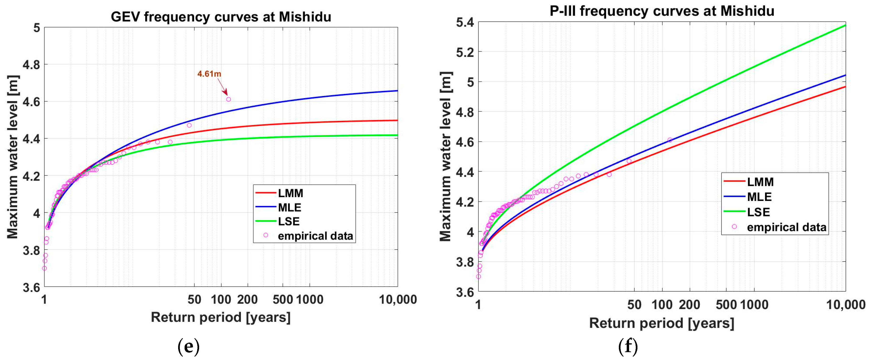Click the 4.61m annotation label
click(x=209, y=74)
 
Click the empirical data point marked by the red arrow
click(x=228, y=99)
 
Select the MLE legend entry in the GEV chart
click(x=290, y=207)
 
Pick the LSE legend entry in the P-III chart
click(x=758, y=212)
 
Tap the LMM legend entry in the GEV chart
click(x=290, y=193)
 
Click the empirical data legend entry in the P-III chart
click(x=786, y=227)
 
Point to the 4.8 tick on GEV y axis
click(x=31, y=64)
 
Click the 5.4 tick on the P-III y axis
click(x=465, y=23)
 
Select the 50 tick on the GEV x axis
click(x=194, y=299)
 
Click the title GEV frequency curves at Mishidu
click(x=221, y=17)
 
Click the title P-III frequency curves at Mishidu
click(x=662, y=11)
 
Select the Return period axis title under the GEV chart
click(x=221, y=317)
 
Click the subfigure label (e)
click(x=188, y=346)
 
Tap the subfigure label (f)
click(x=628, y=346)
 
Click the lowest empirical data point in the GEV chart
click(x=44, y=268)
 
